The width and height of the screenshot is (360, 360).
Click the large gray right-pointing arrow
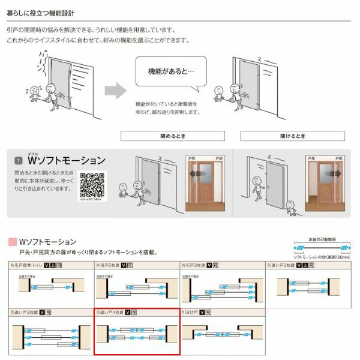point(115,91)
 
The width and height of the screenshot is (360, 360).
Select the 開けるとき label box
point(292,136)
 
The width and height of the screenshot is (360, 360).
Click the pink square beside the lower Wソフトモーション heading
point(12,242)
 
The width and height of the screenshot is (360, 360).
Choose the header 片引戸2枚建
point(108,265)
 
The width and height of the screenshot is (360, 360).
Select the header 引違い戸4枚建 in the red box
point(109,313)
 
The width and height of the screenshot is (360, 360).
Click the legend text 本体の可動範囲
point(320,238)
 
